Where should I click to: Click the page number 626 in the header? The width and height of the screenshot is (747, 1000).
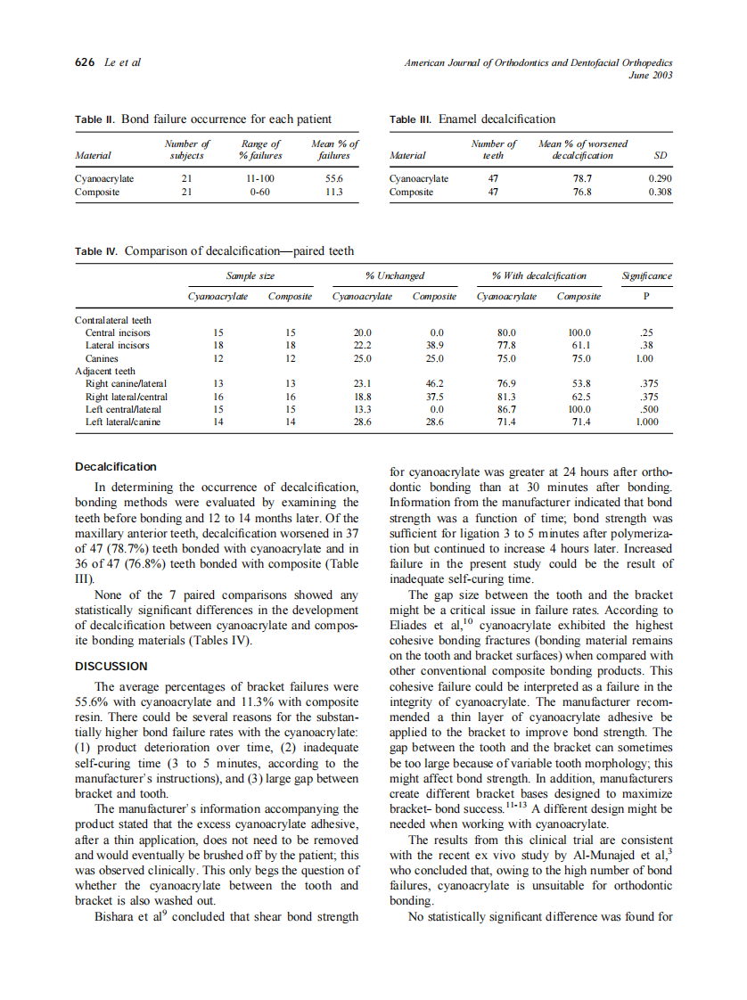pyautogui.click(x=86, y=62)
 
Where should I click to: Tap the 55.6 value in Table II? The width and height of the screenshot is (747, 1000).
pyautogui.click(x=334, y=178)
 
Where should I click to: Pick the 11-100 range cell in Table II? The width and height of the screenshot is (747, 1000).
pyautogui.click(x=259, y=178)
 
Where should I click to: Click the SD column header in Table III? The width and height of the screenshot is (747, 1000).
pyautogui.click(x=661, y=155)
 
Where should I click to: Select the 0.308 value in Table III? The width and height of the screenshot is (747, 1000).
pyautogui.click(x=660, y=192)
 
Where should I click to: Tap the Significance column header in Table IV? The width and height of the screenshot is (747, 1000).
pyautogui.click(x=646, y=276)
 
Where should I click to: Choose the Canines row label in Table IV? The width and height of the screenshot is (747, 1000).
pyautogui.click(x=102, y=358)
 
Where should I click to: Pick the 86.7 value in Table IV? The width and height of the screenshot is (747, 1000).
pyautogui.click(x=506, y=410)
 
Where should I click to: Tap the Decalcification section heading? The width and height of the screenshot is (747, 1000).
pyautogui.click(x=115, y=467)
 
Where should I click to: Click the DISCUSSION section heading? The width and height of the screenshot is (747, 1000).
pyautogui.click(x=111, y=666)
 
